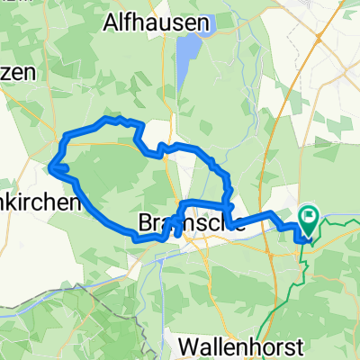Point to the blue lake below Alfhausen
(x=186, y=59)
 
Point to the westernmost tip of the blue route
(x=50, y=166)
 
